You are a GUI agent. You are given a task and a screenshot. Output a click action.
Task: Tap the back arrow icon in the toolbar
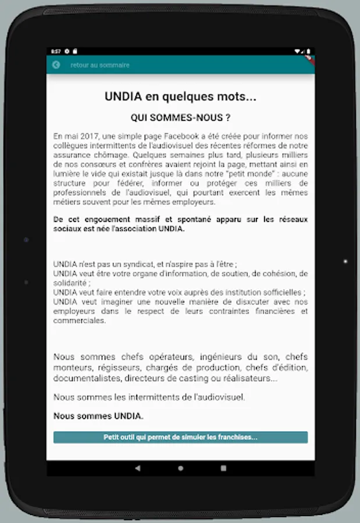click(56, 65)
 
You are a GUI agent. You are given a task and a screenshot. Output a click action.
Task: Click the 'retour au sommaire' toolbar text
click(100, 65)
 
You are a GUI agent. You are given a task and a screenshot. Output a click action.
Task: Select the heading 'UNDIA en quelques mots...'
click(180, 97)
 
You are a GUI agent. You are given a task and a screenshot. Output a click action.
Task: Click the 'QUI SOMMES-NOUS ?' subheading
click(180, 117)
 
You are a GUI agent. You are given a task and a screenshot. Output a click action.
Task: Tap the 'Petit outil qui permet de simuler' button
click(180, 437)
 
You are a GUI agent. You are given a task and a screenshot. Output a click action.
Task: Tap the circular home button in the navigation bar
click(180, 468)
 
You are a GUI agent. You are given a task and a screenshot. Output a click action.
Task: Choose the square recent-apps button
click(223, 468)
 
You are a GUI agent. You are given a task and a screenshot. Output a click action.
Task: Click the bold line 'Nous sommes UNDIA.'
click(98, 416)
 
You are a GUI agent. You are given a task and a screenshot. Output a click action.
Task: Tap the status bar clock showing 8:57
click(56, 51)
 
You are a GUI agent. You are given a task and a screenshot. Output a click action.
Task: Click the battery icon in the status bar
click(308, 51)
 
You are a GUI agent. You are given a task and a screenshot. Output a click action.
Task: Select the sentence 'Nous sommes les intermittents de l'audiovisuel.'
click(149, 397)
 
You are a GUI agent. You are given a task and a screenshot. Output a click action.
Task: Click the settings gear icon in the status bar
click(67, 51)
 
